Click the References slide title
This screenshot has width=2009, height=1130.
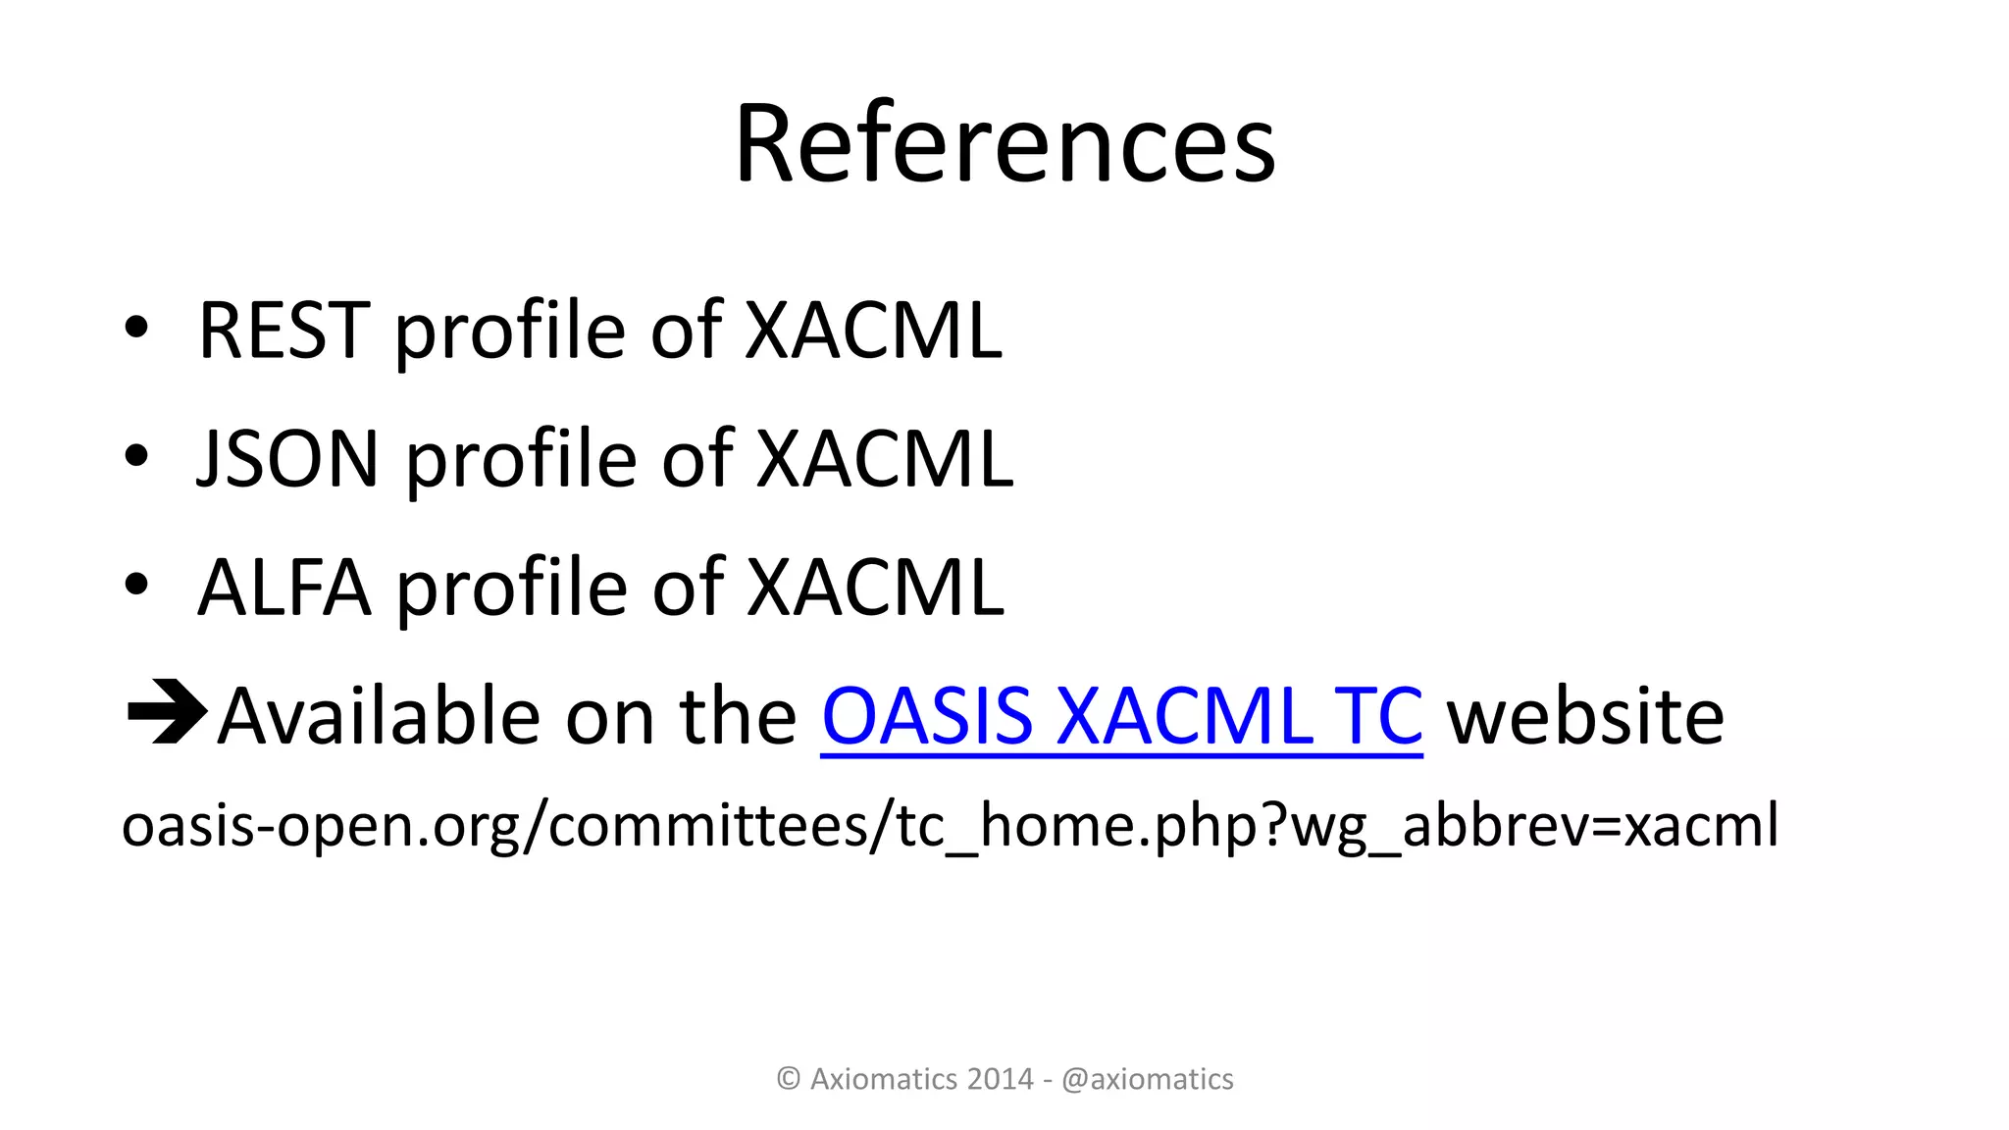1004,144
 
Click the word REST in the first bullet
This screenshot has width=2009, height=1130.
283,331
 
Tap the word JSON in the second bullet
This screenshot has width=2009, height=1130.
288,459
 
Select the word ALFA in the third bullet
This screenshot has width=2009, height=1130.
284,588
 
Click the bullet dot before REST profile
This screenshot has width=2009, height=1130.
136,329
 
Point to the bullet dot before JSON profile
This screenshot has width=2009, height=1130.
136,456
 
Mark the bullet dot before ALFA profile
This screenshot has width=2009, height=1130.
136,585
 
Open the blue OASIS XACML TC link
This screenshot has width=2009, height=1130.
1121,716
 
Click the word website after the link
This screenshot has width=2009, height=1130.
1585,716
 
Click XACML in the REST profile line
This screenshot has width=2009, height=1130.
873,331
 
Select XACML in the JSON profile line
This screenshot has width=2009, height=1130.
884,459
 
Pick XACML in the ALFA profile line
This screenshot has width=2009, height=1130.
875,588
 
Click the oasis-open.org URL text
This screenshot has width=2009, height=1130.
950,825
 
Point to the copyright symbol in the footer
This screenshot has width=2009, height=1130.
789,1079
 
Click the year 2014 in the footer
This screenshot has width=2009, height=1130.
1000,1079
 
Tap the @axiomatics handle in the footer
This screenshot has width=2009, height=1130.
1147,1079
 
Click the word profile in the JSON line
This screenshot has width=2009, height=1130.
521,459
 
